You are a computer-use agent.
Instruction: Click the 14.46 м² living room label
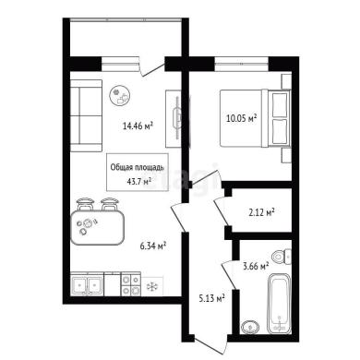click(138, 126)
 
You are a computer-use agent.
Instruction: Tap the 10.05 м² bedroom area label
click(242, 118)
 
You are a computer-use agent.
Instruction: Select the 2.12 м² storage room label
click(261, 212)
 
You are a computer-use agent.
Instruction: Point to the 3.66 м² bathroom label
click(256, 266)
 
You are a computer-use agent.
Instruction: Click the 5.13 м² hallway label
click(211, 298)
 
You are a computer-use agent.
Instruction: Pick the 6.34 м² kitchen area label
click(153, 246)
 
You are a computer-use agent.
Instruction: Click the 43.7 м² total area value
click(139, 181)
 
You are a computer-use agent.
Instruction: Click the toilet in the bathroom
click(282, 256)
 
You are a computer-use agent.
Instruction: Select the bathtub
click(279, 304)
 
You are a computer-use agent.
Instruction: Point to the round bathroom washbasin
click(249, 327)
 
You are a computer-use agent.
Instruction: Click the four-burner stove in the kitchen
click(131, 284)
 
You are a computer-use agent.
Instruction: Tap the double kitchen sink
click(87, 285)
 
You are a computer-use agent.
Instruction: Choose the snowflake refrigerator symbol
click(151, 286)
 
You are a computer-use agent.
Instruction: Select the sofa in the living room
click(86, 116)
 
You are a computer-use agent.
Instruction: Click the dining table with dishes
click(98, 228)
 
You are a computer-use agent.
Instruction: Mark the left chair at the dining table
click(85, 204)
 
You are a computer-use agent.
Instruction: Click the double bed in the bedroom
click(255, 118)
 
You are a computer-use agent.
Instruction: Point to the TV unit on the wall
click(174, 118)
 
